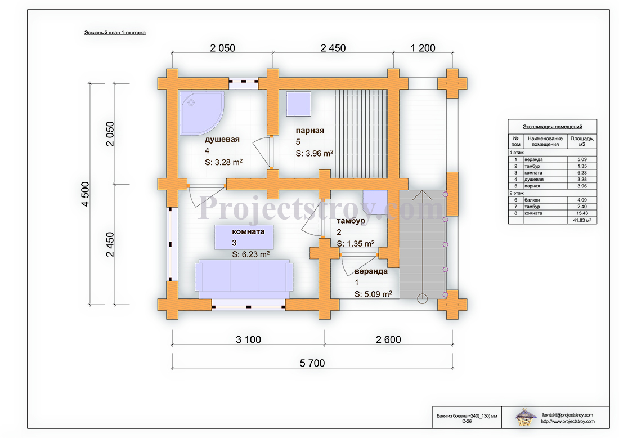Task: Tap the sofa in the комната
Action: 244,279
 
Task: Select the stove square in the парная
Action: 298,104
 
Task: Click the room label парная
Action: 310,131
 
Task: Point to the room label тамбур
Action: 351,221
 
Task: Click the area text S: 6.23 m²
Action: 250,254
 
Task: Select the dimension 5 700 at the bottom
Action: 312,363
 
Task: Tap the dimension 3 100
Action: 248,339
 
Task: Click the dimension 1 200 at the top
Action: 423,48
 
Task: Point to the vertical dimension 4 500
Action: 85,194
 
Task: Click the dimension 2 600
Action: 388,339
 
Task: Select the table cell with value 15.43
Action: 582,213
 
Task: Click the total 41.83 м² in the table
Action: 582,220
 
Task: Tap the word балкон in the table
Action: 532,200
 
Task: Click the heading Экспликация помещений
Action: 552,127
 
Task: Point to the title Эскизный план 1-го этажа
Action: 115,33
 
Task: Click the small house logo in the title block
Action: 526,418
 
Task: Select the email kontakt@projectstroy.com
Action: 567,415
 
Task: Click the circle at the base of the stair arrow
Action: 423,299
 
